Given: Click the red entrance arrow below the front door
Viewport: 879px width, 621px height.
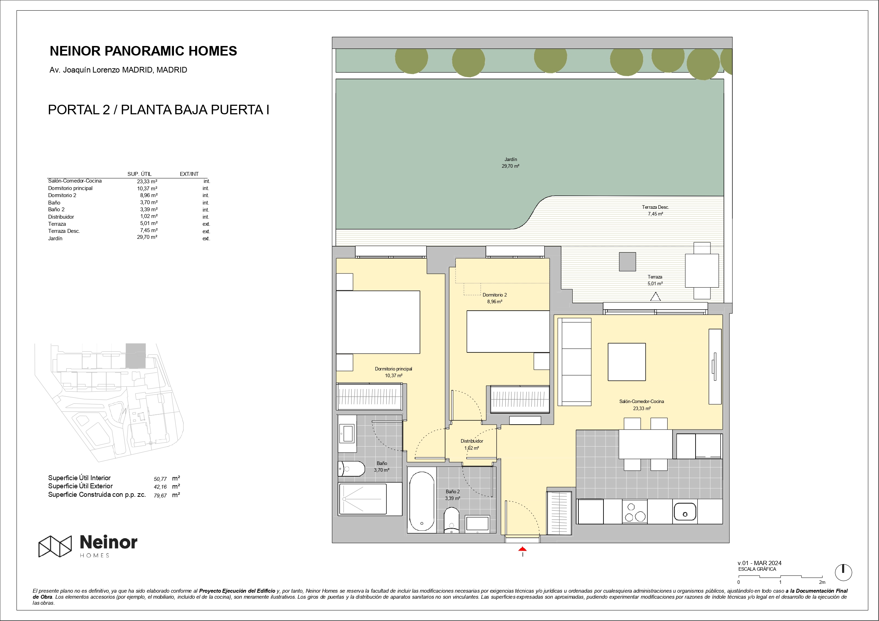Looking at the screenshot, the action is click(x=522, y=549).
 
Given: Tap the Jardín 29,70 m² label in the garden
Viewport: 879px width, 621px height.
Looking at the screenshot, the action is click(x=510, y=163).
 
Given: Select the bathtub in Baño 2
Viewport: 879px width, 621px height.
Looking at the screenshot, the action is click(x=421, y=501).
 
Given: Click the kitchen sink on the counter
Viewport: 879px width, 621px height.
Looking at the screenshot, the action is click(x=685, y=512).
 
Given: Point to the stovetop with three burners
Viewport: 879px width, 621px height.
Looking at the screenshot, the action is click(x=634, y=512).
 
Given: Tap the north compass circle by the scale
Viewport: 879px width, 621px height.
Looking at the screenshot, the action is click(x=843, y=573).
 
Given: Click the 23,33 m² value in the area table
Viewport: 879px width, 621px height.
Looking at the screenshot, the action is click(x=147, y=182).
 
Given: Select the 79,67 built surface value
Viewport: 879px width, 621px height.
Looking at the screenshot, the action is click(x=160, y=495).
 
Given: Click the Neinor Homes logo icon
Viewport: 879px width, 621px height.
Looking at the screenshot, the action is click(x=55, y=546).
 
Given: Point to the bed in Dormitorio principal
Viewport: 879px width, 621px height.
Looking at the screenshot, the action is click(x=378, y=322).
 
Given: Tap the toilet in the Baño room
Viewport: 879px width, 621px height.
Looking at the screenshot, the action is click(x=351, y=469).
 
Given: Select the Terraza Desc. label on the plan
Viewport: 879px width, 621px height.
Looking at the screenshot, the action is click(x=656, y=211).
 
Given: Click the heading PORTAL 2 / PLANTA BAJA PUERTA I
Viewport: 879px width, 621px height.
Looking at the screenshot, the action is click(x=159, y=110).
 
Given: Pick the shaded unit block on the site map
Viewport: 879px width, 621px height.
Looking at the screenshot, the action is click(x=136, y=356).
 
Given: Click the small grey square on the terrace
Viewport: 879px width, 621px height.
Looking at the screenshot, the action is click(x=628, y=262).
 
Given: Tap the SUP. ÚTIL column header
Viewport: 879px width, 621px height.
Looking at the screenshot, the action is click(x=139, y=174).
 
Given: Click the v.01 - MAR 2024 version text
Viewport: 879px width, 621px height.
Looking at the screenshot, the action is click(x=760, y=563).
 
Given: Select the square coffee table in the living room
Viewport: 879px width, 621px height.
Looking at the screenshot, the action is click(x=627, y=362).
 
